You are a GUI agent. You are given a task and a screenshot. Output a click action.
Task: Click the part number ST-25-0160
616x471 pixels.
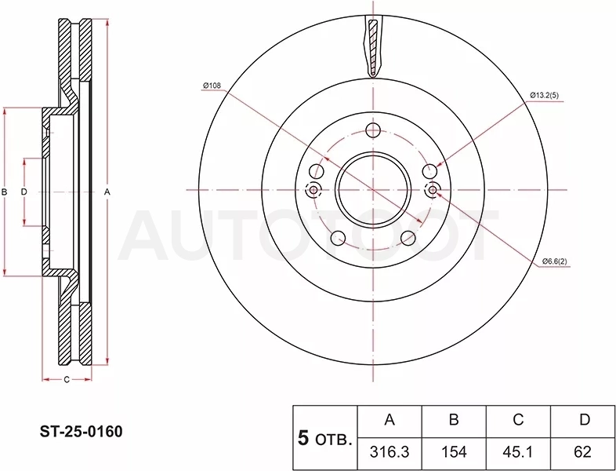(x=81, y=432)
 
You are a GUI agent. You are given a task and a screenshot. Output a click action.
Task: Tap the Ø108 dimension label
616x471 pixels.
(x=212, y=86)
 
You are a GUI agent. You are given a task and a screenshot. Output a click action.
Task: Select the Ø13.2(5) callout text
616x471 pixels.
(x=544, y=95)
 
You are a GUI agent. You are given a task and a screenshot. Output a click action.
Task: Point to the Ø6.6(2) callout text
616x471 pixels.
(x=555, y=261)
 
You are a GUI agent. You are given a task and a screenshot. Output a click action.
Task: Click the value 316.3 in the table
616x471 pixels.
(x=390, y=451)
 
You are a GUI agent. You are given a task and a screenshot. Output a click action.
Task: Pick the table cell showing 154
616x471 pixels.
(x=454, y=451)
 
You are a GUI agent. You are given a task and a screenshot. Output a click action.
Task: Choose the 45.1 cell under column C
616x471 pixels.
(x=518, y=451)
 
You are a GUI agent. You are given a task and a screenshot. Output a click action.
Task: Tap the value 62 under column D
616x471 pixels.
(x=582, y=451)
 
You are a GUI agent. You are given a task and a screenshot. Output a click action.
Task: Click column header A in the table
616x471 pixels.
(x=390, y=420)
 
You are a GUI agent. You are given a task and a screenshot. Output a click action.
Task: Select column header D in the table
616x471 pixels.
(x=585, y=420)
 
